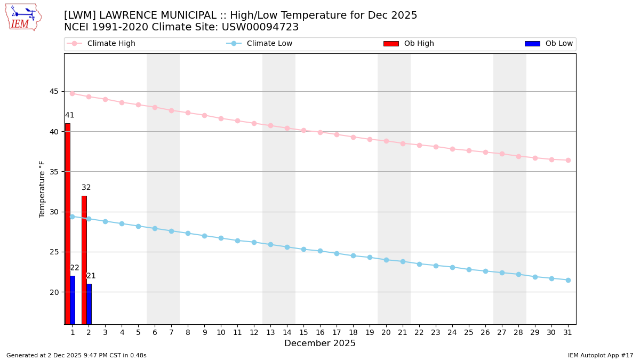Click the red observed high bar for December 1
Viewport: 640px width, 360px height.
coord(68,223)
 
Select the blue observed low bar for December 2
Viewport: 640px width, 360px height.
coord(89,303)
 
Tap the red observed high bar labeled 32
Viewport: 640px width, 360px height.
coord(84,260)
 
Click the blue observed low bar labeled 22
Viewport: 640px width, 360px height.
coord(73,300)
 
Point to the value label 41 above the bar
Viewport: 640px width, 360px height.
coord(70,115)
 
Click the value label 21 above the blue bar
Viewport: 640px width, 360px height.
coord(91,276)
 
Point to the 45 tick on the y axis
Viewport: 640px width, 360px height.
coord(54,91)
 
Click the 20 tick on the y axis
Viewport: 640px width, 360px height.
coord(54,292)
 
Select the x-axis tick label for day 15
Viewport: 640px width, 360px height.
coord(303,332)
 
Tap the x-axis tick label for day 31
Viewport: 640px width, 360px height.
coord(568,332)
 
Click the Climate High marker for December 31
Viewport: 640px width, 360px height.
coord(568,160)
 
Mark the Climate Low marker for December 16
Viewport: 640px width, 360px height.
coord(320,251)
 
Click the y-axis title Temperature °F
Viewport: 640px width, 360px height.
coord(42,189)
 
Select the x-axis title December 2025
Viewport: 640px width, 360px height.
coord(320,343)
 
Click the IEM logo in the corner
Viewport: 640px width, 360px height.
coord(23,17)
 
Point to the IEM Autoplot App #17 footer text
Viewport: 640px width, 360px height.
coord(601,355)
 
